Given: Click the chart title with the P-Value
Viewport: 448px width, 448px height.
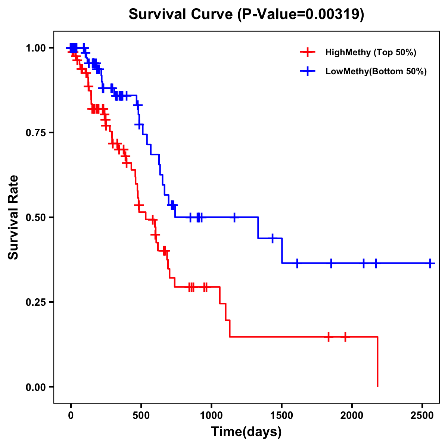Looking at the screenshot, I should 246,14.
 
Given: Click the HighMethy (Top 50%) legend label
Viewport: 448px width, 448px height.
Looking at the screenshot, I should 370,52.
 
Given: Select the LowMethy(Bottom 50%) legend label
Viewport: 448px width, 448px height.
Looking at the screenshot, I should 376,72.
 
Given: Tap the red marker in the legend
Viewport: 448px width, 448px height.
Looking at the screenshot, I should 308,52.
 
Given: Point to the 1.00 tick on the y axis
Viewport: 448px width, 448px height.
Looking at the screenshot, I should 35,48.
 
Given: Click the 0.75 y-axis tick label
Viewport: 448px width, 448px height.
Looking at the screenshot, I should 35,133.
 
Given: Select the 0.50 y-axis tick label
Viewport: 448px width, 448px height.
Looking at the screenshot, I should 35,218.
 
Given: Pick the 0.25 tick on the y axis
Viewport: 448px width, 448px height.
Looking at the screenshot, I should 35,302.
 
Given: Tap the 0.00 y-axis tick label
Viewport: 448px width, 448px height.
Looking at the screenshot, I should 35,387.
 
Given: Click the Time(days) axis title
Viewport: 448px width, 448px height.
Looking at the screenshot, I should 246,432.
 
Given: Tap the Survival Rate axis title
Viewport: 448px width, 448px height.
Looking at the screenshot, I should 13,217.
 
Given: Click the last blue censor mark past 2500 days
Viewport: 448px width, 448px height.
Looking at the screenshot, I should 430,263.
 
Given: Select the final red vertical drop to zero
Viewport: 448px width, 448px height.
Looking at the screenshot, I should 377,361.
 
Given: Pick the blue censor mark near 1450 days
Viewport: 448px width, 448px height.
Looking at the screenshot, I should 273,238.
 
